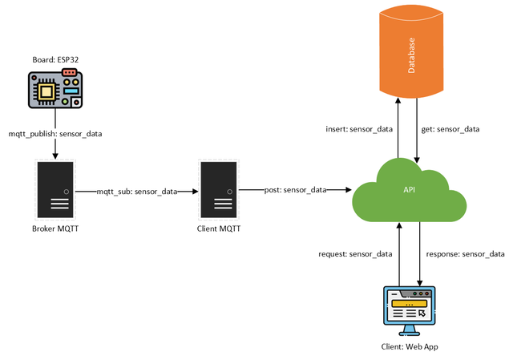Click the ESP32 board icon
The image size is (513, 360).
(x=55, y=88)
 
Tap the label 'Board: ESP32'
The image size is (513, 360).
(x=55, y=59)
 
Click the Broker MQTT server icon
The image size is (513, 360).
(x=55, y=190)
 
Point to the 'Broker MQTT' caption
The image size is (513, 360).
(x=55, y=229)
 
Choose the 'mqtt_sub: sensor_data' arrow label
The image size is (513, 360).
(x=137, y=191)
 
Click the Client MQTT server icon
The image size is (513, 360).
(x=219, y=190)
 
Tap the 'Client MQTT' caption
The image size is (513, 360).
(x=219, y=229)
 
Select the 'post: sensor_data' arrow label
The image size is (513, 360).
(x=295, y=190)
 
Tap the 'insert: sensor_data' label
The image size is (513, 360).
(x=358, y=128)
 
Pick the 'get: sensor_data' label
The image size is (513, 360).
(x=450, y=128)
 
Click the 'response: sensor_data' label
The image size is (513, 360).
(x=465, y=254)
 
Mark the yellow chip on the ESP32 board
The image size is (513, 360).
(x=47, y=91)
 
